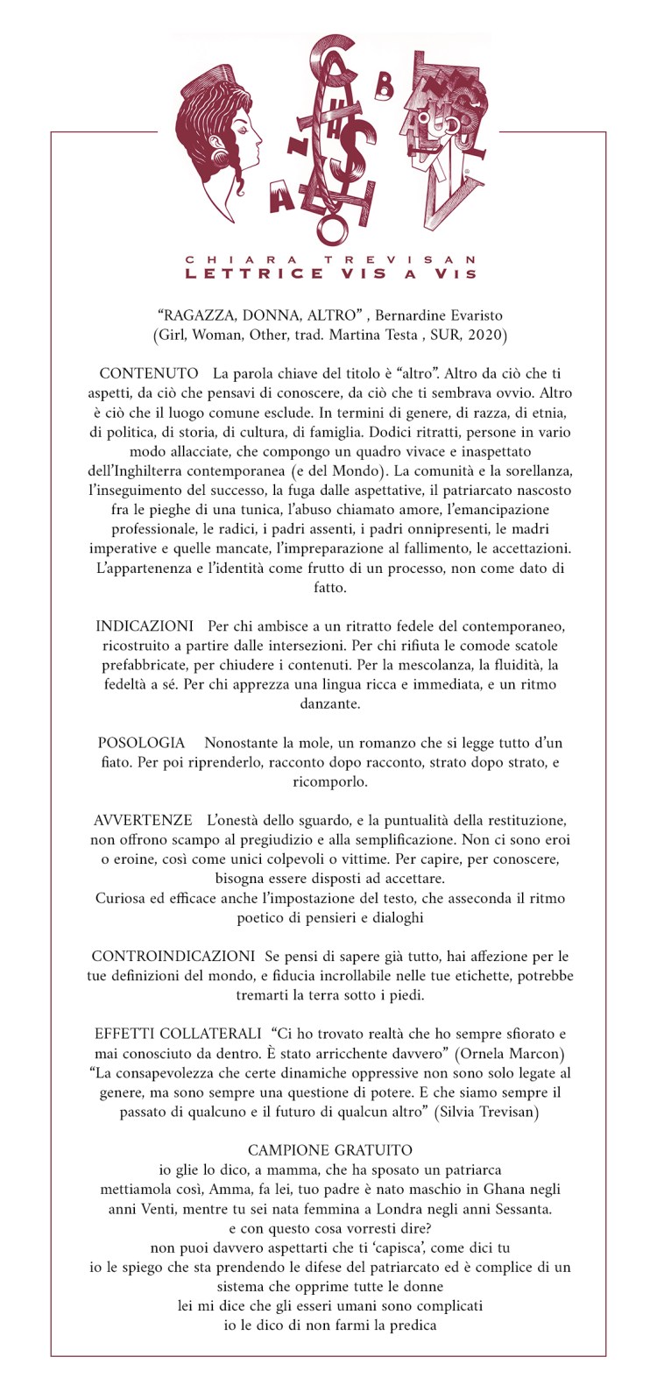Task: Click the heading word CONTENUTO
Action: point(149,374)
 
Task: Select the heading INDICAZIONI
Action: point(145,626)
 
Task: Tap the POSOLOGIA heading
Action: point(141,743)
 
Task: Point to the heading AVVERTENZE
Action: point(143,821)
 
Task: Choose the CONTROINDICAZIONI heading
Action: point(173,957)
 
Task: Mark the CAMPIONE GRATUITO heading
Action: point(329,1150)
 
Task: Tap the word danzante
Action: point(328,703)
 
